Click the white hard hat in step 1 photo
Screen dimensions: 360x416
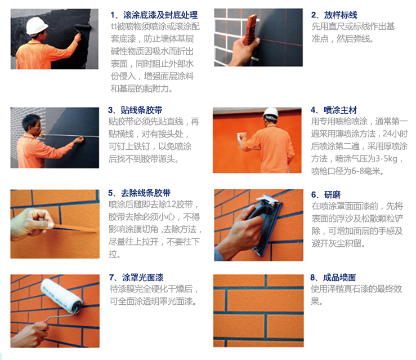coord(37,25)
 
